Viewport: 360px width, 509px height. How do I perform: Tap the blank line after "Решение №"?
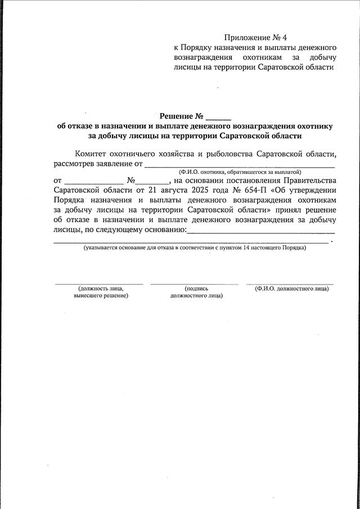click(218, 119)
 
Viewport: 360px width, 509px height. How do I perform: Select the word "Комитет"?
click(91, 154)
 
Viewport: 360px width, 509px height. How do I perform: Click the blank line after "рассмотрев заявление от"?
click(240, 166)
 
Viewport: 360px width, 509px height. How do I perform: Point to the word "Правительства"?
click(310, 181)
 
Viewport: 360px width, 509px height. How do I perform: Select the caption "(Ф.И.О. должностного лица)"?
click(291, 289)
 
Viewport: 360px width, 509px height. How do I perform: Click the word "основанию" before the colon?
click(160, 230)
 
